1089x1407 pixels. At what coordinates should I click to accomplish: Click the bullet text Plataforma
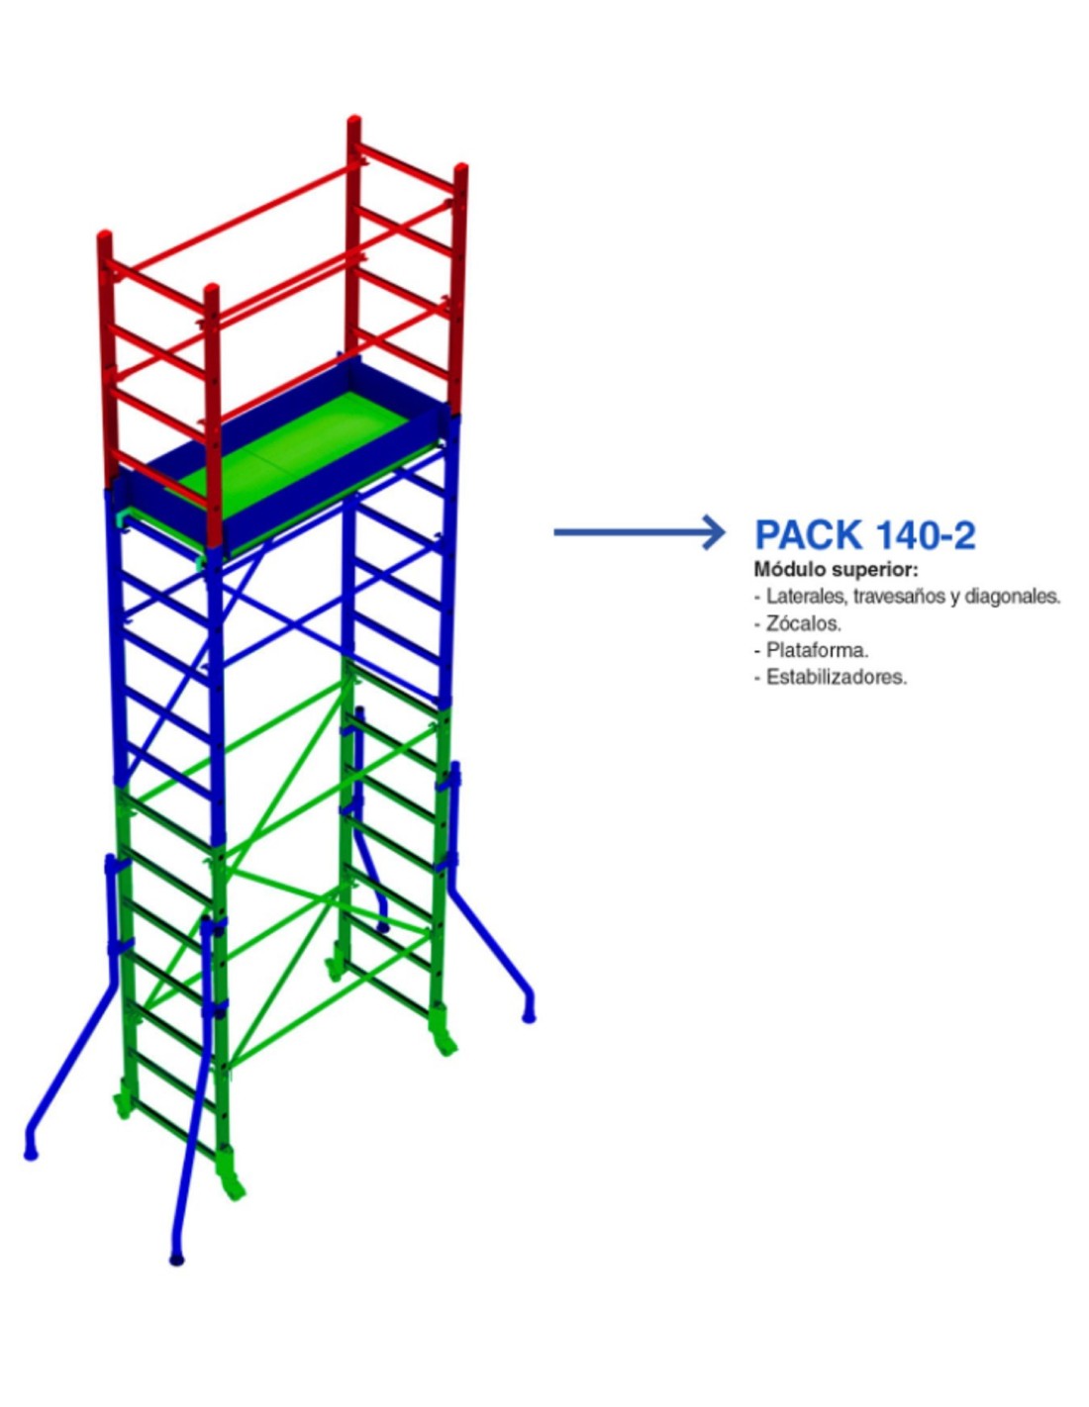pos(817,650)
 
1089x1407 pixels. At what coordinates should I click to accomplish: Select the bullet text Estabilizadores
pos(837,677)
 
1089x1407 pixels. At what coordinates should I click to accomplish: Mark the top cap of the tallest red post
pos(353,122)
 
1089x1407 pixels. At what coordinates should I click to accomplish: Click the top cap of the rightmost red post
pos(460,169)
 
